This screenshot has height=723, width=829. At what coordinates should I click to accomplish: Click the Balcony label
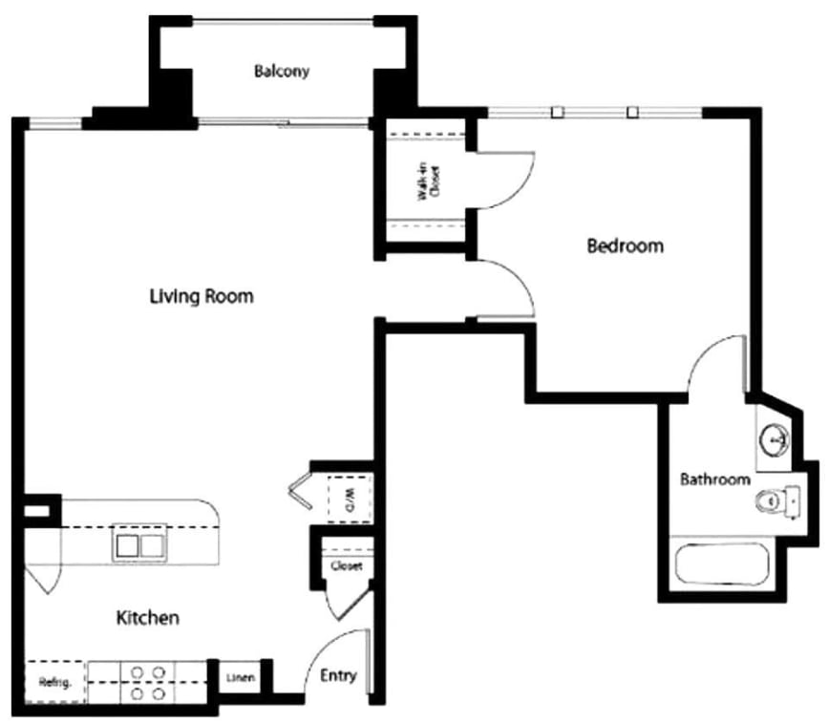[282, 72]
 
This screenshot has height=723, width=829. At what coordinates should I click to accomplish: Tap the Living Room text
[202, 296]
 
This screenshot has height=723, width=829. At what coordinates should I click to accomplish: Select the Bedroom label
[625, 246]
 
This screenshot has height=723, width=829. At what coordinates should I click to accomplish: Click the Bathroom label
[714, 479]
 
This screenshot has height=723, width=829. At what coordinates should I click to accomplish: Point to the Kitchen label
[147, 618]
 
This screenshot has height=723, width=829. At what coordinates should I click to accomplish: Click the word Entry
[338, 676]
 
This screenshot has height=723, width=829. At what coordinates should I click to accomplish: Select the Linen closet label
[240, 679]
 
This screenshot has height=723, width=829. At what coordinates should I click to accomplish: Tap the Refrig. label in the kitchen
[50, 683]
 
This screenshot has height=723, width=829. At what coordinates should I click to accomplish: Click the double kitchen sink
[139, 546]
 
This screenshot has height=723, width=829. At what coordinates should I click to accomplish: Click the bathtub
[722, 564]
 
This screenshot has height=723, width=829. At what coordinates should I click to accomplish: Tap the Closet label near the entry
[346, 566]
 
